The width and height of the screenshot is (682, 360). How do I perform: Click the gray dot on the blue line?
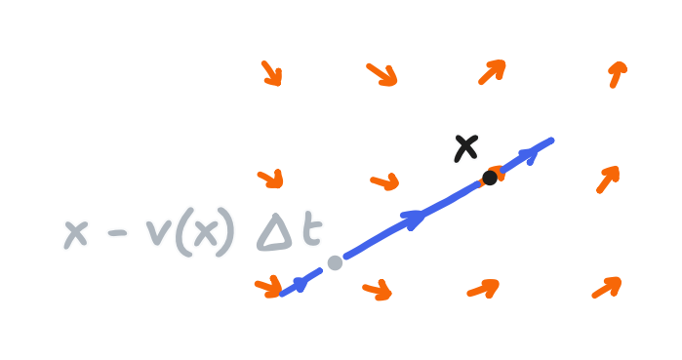[x=335, y=262]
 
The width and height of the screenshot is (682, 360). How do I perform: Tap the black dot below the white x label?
[x=490, y=178]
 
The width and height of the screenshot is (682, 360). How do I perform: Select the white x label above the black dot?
[x=466, y=147]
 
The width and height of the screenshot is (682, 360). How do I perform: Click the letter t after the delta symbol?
[x=310, y=231]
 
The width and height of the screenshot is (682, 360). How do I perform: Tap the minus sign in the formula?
[x=115, y=235]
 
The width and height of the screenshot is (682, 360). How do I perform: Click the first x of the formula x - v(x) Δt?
[x=76, y=234]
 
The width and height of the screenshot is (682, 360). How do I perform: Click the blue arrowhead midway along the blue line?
[x=414, y=219]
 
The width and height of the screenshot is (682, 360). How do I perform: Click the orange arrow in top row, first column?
[x=271, y=73]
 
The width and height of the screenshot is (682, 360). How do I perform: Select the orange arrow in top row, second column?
[x=381, y=73]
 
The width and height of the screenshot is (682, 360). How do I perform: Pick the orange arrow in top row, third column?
[x=493, y=71]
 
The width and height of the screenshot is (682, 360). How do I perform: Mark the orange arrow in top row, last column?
[x=617, y=74]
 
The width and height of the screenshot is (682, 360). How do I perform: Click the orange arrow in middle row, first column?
[x=270, y=179]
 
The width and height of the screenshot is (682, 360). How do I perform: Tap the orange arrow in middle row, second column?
[x=385, y=181]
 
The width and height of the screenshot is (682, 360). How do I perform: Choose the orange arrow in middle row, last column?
[x=607, y=179]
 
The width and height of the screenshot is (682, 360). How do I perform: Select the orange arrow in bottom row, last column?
[x=606, y=288]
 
